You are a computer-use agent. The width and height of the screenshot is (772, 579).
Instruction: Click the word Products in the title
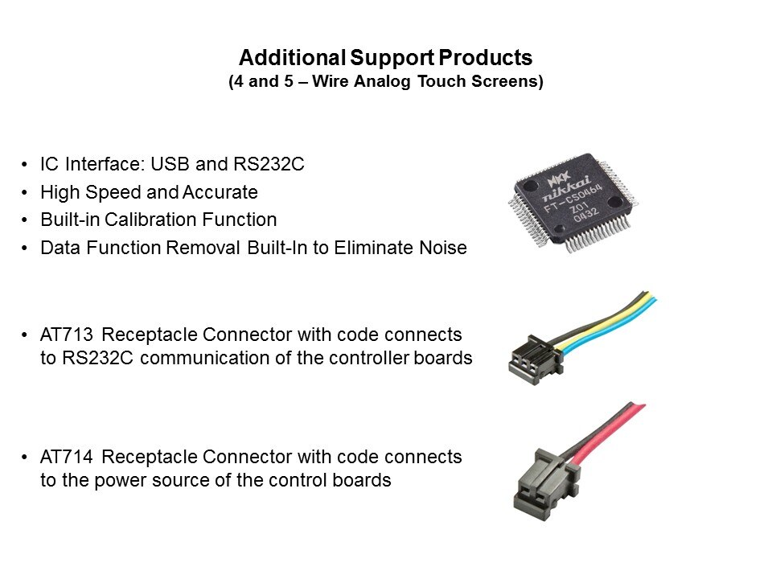tap(486, 58)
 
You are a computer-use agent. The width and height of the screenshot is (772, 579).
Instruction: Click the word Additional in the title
tap(292, 58)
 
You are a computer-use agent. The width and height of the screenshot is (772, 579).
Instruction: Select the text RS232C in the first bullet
tap(269, 164)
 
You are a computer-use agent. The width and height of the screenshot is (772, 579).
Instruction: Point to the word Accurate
tap(220, 192)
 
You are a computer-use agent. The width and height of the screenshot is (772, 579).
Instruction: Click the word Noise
tap(442, 248)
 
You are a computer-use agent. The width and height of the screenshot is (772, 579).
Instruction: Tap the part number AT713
tap(67, 335)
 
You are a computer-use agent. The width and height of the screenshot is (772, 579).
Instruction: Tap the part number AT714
tap(67, 457)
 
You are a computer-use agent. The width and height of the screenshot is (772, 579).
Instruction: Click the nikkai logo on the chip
tap(566, 188)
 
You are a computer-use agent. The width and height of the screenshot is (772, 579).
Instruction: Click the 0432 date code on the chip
tap(586, 216)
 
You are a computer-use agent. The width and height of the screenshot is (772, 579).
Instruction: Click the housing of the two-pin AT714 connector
tap(545, 482)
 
